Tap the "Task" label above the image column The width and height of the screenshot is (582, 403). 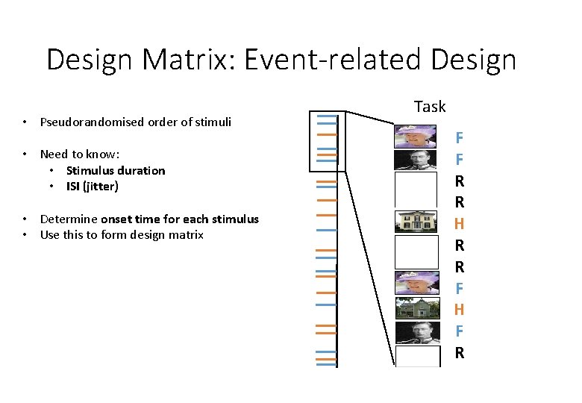[x=430, y=107]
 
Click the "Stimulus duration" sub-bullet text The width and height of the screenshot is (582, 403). [x=116, y=170]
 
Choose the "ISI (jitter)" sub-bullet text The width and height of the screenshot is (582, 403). [x=92, y=187]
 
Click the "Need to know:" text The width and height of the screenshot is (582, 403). [x=79, y=154]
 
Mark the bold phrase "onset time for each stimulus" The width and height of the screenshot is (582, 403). [x=180, y=219]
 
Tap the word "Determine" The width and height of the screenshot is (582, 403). [x=69, y=219]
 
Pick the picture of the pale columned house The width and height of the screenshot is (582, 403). [x=416, y=221]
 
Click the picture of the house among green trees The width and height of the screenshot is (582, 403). [x=416, y=307]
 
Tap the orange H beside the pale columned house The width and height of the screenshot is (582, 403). [x=460, y=223]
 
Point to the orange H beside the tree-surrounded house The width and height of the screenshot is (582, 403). [x=460, y=309]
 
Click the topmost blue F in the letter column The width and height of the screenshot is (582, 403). [x=460, y=137]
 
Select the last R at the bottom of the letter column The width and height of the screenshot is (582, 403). [x=460, y=352]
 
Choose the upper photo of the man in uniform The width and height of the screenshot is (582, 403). [x=416, y=160]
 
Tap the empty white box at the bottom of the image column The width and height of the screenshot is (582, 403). [x=416, y=355]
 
